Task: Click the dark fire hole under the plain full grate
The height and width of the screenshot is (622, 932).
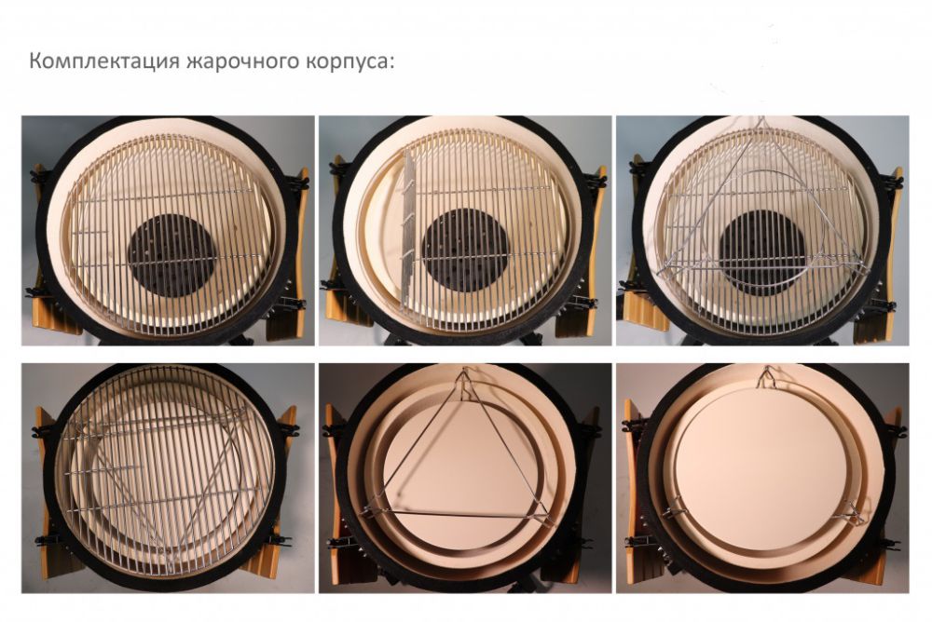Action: pyautogui.click(x=171, y=255)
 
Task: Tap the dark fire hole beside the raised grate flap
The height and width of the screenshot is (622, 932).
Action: pyautogui.click(x=465, y=250)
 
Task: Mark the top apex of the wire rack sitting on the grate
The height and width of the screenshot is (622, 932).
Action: pyautogui.click(x=761, y=121)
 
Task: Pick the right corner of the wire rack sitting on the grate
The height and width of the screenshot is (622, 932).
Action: pyautogui.click(x=863, y=265)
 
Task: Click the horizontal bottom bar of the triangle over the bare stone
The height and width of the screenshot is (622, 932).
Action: pyautogui.click(x=457, y=513)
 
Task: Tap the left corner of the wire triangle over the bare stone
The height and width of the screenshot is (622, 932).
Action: pyautogui.click(x=363, y=511)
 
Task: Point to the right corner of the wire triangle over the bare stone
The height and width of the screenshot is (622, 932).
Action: pyautogui.click(x=547, y=516)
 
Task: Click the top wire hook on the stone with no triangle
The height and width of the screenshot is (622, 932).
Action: pyautogui.click(x=767, y=377)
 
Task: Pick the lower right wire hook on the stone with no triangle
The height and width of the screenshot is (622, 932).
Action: pyautogui.click(x=853, y=513)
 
